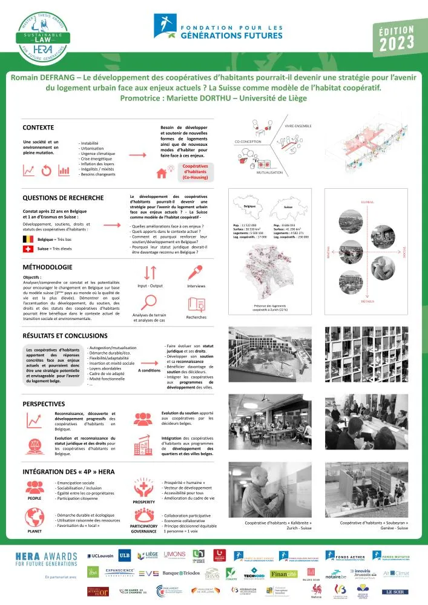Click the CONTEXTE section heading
point(38,128)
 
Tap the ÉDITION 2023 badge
point(396,39)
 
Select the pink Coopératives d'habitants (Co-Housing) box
point(195,172)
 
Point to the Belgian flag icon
point(27,240)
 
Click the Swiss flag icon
point(27,249)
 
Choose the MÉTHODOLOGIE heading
point(47,267)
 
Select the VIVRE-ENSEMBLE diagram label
point(297,126)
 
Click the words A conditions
point(150,370)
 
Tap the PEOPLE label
point(34,499)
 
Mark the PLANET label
point(34,531)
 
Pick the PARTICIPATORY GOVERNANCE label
point(143,529)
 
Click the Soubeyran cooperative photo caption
point(374,525)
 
